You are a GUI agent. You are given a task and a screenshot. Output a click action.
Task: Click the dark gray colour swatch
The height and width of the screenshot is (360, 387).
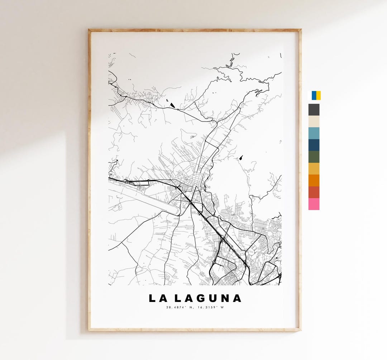click(x=314, y=110)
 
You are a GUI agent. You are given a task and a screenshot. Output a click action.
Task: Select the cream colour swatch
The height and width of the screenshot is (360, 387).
click(x=314, y=122)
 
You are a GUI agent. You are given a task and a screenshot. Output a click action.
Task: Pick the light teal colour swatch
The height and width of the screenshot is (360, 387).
click(x=314, y=133)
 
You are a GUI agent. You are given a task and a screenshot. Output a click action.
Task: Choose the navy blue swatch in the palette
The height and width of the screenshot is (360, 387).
click(x=314, y=145)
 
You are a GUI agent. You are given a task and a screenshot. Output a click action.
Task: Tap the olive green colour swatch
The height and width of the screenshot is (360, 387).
click(x=314, y=157)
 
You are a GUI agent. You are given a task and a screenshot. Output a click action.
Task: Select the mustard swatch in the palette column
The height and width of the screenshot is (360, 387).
click(x=314, y=169)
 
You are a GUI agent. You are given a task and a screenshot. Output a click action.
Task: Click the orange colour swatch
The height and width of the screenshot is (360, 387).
click(x=314, y=180)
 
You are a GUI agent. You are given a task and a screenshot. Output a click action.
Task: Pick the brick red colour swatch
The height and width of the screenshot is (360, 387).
click(x=314, y=192)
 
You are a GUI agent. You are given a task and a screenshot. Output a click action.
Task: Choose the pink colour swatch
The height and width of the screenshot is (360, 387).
click(x=314, y=204)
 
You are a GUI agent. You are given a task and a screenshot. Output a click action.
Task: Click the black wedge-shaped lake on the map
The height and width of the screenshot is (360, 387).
click(x=173, y=105)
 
